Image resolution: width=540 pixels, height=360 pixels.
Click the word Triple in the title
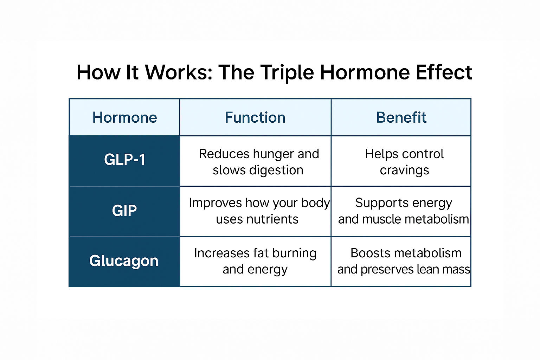[287, 73]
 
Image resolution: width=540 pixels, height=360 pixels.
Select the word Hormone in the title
[365, 72]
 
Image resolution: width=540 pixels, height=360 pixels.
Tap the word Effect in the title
[444, 72]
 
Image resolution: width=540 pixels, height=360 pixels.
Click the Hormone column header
[124, 117]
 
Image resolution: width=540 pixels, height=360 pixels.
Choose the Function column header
[255, 117]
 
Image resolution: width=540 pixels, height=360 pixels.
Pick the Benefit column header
[401, 117]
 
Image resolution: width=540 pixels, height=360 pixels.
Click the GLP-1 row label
[124, 160]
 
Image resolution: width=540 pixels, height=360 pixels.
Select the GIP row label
[124, 211]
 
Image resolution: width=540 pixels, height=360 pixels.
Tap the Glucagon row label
[124, 261]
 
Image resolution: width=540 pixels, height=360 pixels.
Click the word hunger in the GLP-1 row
[273, 154]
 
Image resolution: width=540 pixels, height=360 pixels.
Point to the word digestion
[276, 170]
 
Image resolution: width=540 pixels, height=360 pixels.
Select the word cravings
[404, 171]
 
